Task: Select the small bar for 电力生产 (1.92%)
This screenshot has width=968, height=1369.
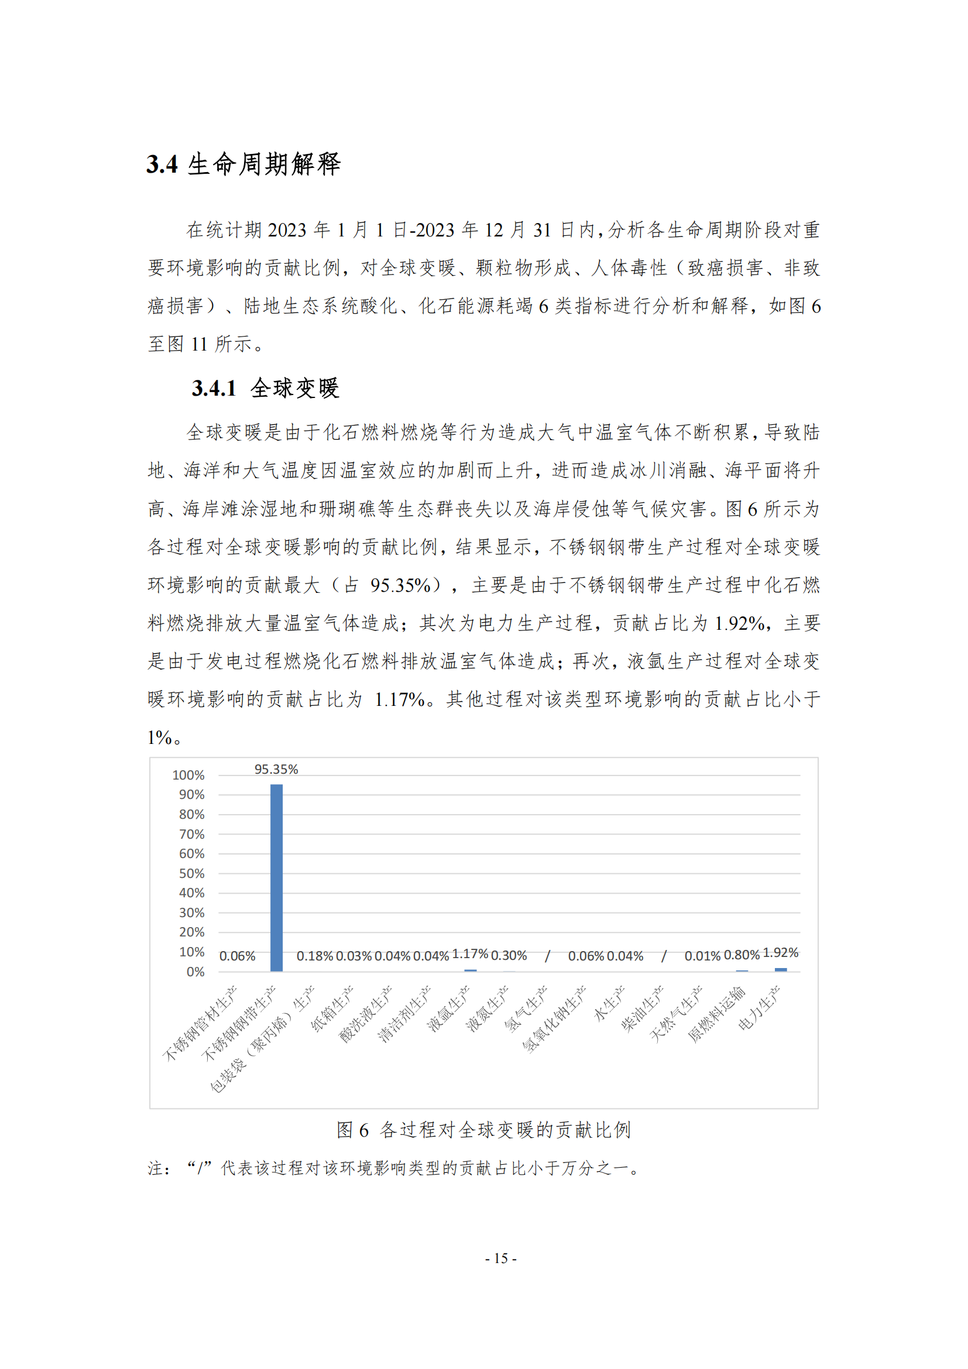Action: pyautogui.click(x=780, y=969)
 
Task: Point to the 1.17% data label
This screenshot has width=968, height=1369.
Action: pyautogui.click(x=470, y=954)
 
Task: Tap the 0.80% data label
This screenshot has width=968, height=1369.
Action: pyautogui.click(x=742, y=955)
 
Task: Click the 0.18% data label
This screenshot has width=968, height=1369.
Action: pyautogui.click(x=315, y=956)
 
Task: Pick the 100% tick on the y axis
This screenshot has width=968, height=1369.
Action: pyautogui.click(x=188, y=775)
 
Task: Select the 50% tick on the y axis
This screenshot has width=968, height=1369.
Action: pyautogui.click(x=191, y=873)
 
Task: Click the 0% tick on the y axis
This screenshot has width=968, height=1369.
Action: pyautogui.click(x=195, y=972)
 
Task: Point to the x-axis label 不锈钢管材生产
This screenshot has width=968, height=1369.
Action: pyautogui.click(x=201, y=1023)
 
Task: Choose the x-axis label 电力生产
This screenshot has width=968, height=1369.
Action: pyautogui.click(x=760, y=1008)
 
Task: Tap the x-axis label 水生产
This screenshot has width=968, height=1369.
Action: pyautogui.click(x=609, y=1004)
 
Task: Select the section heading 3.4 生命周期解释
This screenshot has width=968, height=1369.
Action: pyautogui.click(x=243, y=164)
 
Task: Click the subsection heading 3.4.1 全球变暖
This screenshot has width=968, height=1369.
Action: pyautogui.click(x=265, y=388)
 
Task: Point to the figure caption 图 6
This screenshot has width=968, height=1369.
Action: pyautogui.click(x=483, y=1129)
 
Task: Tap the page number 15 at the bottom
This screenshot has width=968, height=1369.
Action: pyautogui.click(x=501, y=1258)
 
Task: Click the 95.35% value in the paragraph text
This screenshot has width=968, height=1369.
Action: pyautogui.click(x=400, y=585)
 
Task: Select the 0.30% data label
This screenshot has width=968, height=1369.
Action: pyautogui.click(x=509, y=955)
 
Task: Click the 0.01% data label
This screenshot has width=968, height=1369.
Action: pyautogui.click(x=702, y=956)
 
